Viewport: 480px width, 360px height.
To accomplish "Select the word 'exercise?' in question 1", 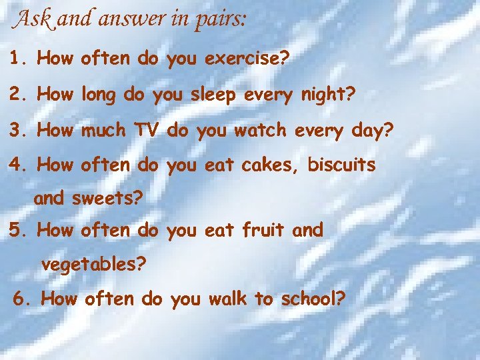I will coord(247,59).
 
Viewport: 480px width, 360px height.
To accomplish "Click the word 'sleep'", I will coord(213,95).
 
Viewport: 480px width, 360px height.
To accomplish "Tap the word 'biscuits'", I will coord(341,165).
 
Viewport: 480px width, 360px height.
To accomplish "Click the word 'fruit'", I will coord(264,231).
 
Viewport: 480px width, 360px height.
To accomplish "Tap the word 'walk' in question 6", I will coord(227,299).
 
